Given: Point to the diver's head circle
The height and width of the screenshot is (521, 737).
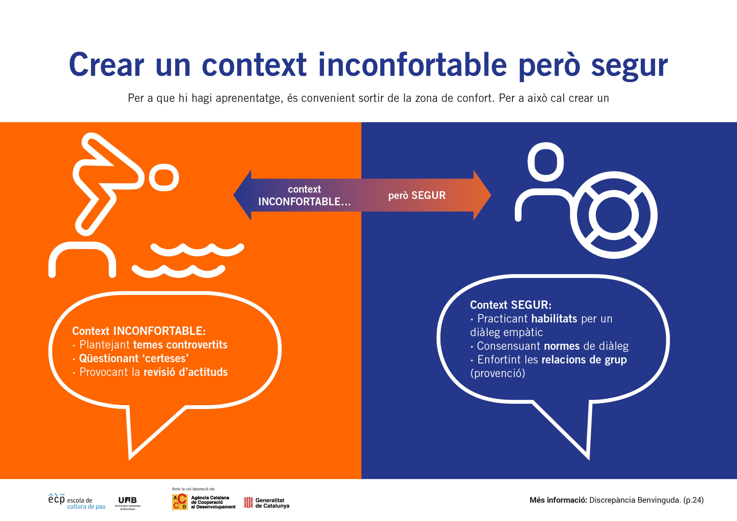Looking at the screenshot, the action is tap(164, 177).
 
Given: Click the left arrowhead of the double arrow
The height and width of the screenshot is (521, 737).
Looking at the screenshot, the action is tap(242, 195).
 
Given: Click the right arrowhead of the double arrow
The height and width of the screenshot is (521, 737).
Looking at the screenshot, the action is tap(482, 195).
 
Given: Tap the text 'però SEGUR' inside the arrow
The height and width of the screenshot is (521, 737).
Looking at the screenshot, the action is tap(417, 195).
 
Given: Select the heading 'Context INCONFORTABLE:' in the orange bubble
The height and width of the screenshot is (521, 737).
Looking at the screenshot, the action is tap(139, 331).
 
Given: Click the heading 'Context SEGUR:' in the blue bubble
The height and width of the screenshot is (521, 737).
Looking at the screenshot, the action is tap(511, 305).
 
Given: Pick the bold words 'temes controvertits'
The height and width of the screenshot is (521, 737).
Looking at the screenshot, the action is tap(180, 345).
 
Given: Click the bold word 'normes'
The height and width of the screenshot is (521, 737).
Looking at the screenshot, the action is tap(562, 346).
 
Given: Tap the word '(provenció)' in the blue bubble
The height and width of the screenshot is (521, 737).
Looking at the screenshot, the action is tap(497, 373).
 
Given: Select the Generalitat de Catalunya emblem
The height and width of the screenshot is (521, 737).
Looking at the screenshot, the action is tap(248, 502).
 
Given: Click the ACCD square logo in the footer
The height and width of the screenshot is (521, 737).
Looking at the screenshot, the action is tap(179, 502).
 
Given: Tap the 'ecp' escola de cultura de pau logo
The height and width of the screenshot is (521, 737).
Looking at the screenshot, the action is tap(77, 502).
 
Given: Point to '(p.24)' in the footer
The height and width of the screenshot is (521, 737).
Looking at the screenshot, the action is tap(693, 500).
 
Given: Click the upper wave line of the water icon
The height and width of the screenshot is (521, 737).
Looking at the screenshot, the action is tap(197, 250).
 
